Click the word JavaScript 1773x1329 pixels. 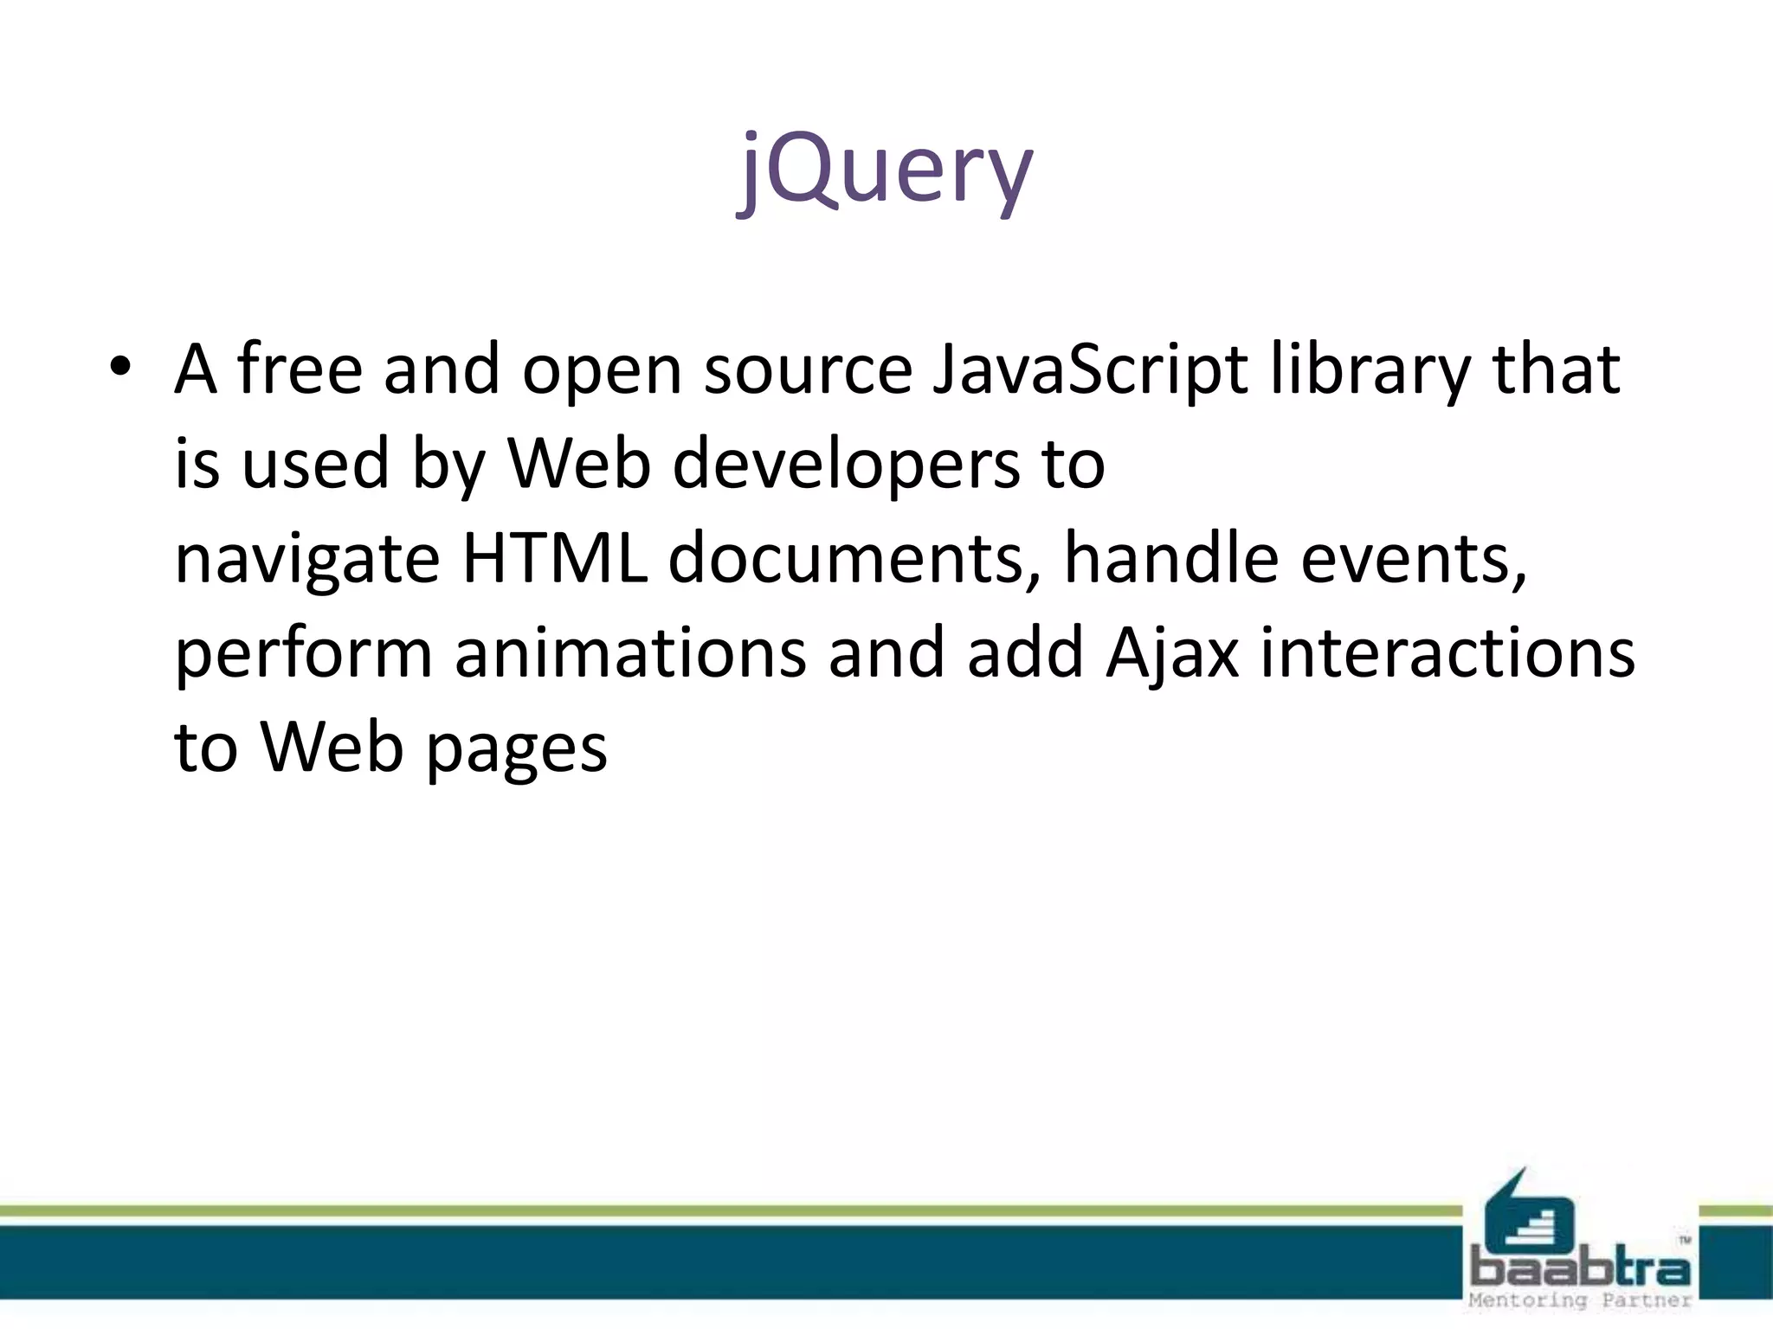[x=1089, y=370]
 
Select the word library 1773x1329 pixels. [x=1370, y=370]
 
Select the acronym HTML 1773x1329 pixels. [x=555, y=559]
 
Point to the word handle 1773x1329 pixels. [x=1170, y=559]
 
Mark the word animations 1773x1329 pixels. [x=630, y=654]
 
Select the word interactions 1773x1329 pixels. [x=1447, y=654]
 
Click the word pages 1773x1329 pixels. [x=517, y=749]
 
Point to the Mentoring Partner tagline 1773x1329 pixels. [x=1580, y=1300]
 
